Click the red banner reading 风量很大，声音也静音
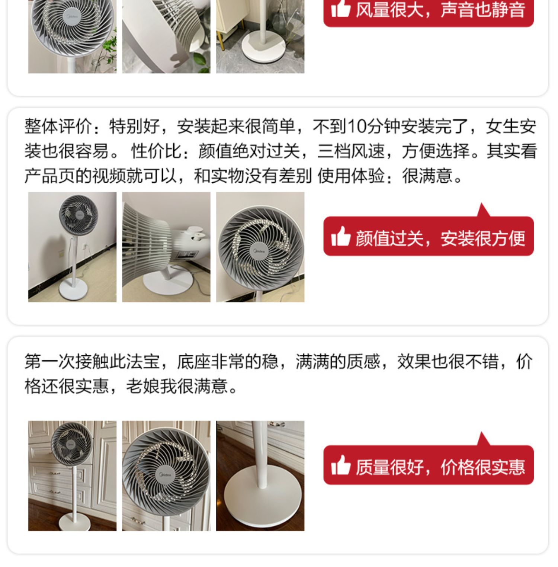pyautogui.click(x=429, y=11)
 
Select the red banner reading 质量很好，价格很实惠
pyautogui.click(x=429, y=465)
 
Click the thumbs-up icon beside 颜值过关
pyautogui.click(x=341, y=236)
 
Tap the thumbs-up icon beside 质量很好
pyautogui.click(x=341, y=465)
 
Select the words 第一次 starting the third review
pyautogui.click(x=50, y=362)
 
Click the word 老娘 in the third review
pyautogui.click(x=143, y=386)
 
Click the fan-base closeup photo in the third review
pyautogui.click(x=260, y=476)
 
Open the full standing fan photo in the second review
pyautogui.click(x=72, y=247)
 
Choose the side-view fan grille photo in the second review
pyautogui.click(x=166, y=247)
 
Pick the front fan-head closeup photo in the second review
pyautogui.click(x=260, y=247)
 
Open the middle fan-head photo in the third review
pyautogui.click(x=166, y=476)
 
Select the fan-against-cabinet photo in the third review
pyautogui.click(x=72, y=476)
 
